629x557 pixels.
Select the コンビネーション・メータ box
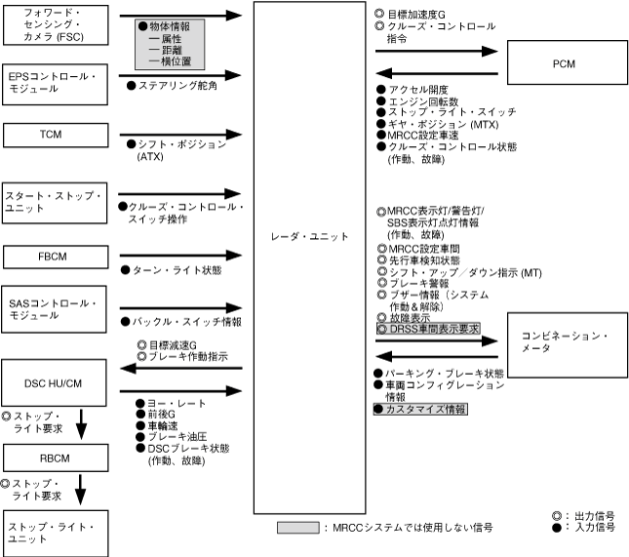(x=563, y=342)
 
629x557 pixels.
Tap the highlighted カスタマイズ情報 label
(x=421, y=409)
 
